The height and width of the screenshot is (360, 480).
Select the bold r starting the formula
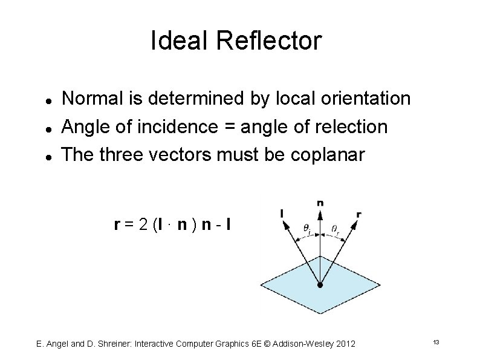116,226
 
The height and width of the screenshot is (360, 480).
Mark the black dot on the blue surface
320,284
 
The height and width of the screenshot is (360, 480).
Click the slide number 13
435,343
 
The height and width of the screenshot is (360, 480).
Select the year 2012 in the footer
344,344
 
